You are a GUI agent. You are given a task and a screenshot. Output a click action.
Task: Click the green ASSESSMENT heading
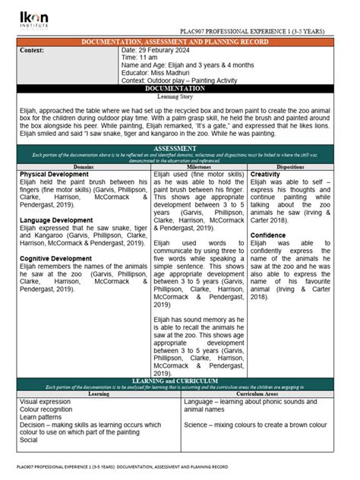tap(180, 148)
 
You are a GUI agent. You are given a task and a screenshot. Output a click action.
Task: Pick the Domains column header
tap(84, 166)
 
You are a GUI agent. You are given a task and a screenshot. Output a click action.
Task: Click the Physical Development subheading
tap(55, 174)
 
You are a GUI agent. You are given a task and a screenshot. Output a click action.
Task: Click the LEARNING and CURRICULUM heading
tap(180, 381)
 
